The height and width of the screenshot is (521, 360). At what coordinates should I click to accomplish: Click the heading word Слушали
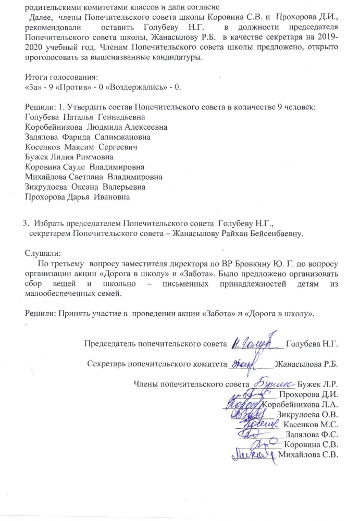(x=43, y=253)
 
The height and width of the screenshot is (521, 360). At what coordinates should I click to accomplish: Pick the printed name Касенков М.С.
(x=311, y=425)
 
